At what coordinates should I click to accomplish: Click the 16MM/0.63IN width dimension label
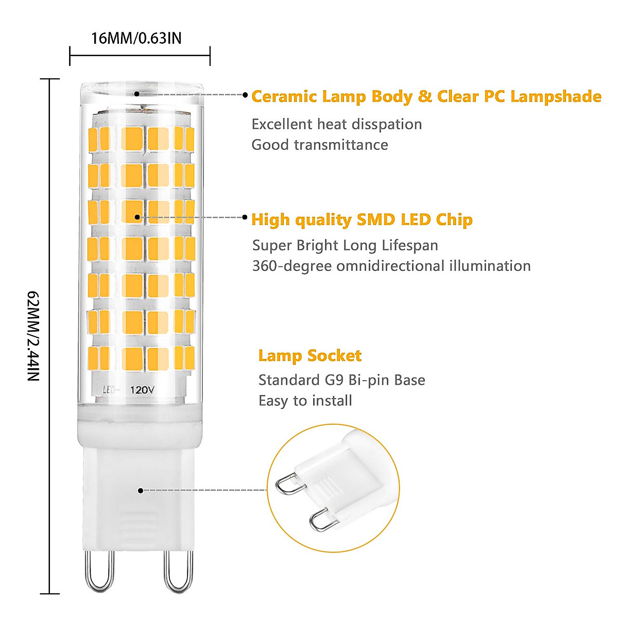[136, 38]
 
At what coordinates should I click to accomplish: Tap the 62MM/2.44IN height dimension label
[33, 336]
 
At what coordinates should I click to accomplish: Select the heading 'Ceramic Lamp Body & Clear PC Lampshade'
[426, 96]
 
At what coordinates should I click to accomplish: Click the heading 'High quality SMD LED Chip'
[362, 220]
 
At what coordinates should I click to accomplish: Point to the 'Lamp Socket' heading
[310, 355]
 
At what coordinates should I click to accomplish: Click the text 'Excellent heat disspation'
[336, 124]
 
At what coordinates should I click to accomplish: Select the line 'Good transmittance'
[319, 145]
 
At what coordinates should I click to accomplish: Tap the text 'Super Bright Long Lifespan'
[345, 245]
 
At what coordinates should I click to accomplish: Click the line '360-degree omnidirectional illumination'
[391, 266]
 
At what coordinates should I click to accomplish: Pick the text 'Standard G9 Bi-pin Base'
[341, 380]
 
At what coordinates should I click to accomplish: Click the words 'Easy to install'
[305, 401]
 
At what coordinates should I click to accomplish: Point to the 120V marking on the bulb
[142, 390]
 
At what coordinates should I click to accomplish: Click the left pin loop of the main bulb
[99, 572]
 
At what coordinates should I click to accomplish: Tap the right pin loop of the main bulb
[178, 572]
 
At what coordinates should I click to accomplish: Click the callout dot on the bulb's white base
[141, 491]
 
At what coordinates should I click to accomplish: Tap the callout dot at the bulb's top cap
[137, 94]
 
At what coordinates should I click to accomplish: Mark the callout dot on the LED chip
[137, 217]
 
